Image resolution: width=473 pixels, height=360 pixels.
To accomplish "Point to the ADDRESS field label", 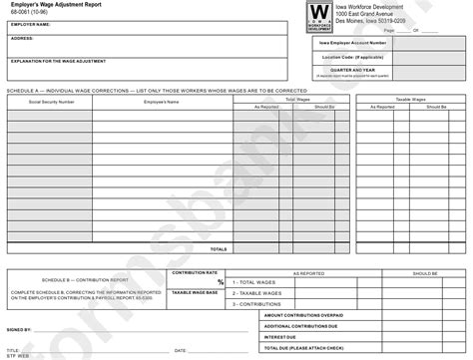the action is (x=19, y=40).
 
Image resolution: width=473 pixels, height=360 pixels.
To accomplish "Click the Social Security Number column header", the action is (x=51, y=103).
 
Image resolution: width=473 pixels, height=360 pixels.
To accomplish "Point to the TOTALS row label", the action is (x=219, y=249).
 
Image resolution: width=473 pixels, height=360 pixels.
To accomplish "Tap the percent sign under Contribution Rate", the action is (x=221, y=282).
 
